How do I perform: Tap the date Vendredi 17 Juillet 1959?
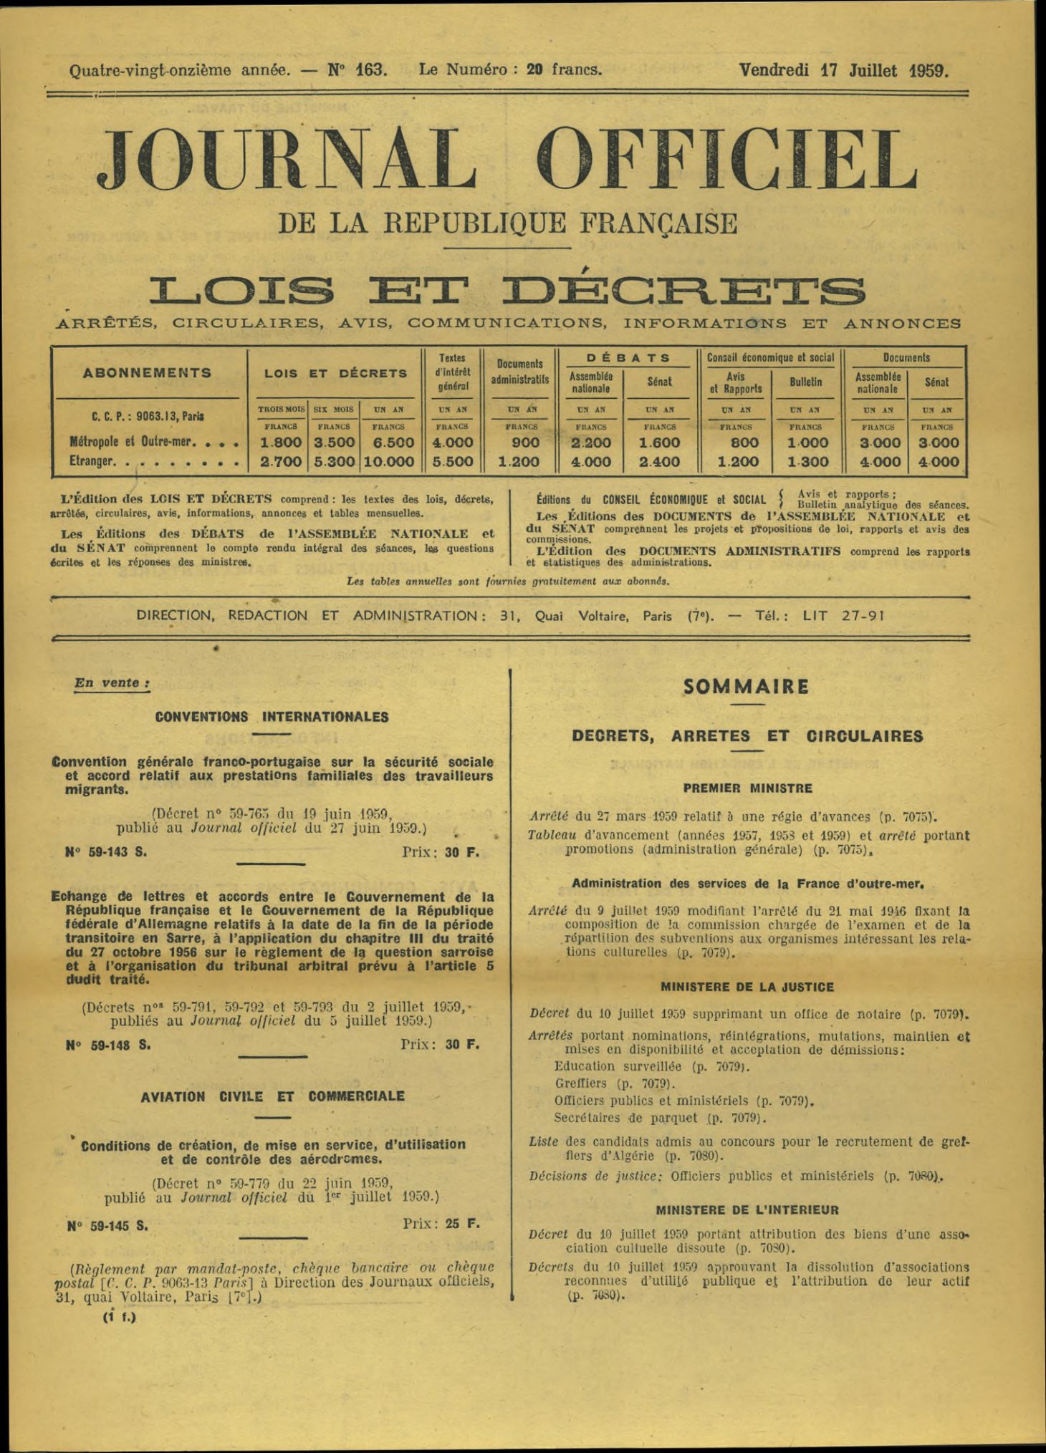843,70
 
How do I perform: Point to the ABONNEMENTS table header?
148,373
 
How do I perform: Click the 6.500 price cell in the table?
388,443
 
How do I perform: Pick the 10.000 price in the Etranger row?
388,463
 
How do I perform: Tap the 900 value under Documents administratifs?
521,443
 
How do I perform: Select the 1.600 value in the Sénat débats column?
659,443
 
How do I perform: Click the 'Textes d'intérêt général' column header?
452,372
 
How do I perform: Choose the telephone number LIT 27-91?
843,615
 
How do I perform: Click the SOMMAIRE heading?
746,687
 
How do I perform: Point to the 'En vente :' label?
112,682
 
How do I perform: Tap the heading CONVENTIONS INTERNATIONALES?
272,717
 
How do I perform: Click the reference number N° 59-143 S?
106,852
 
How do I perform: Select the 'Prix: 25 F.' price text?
441,1224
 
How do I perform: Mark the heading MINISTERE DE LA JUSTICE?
747,987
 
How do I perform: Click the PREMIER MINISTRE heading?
747,788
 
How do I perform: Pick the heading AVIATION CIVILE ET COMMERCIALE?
272,1096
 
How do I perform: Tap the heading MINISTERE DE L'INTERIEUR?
747,1210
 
